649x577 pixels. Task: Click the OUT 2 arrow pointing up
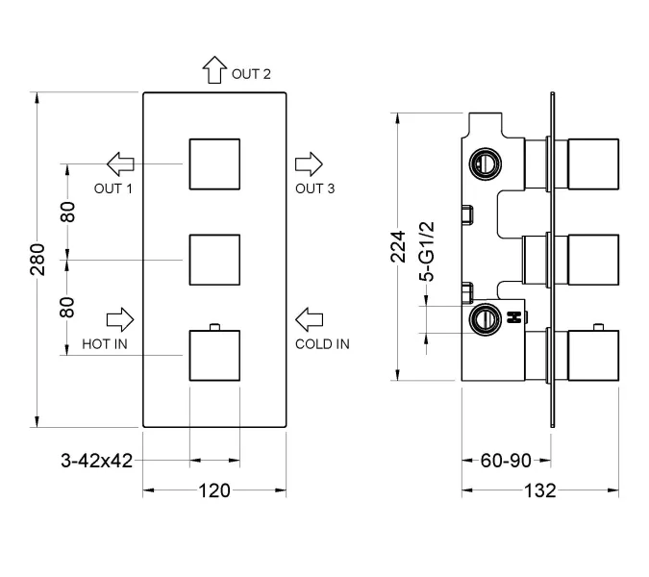point(212,72)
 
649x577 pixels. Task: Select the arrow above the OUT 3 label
point(309,162)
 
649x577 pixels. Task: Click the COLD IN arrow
point(309,317)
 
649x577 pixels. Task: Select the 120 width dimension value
point(214,490)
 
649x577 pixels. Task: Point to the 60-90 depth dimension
point(506,461)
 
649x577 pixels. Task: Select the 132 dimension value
point(540,490)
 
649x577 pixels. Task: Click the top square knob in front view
point(214,163)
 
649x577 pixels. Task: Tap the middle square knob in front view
point(214,260)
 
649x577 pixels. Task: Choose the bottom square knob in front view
point(214,355)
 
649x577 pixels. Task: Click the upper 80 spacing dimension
point(68,212)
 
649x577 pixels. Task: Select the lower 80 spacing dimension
point(68,308)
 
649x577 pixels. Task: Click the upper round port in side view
point(486,162)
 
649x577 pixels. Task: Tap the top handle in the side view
point(594,163)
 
